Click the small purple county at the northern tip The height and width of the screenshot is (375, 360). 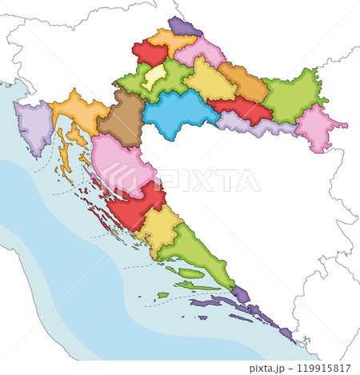point(184,28)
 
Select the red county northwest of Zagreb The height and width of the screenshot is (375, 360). point(149,54)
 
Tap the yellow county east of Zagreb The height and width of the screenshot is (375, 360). point(209,80)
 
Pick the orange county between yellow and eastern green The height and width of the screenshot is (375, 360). point(243,82)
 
